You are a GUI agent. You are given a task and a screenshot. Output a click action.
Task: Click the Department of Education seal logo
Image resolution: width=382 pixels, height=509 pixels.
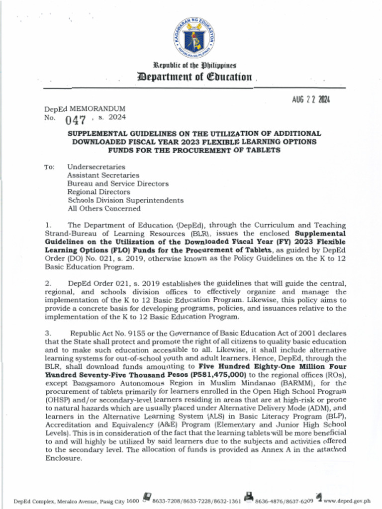click(194, 38)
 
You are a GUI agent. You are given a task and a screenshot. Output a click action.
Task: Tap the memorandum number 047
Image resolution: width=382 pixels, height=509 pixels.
click(77, 119)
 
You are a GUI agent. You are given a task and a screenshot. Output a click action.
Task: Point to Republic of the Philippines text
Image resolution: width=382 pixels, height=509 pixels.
click(194, 65)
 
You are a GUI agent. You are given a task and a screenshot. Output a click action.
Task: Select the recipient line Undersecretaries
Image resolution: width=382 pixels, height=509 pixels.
click(96, 167)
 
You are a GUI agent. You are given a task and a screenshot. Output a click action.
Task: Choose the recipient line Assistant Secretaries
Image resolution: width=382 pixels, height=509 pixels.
click(103, 175)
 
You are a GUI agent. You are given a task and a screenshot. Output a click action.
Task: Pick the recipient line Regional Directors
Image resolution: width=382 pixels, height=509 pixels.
click(98, 192)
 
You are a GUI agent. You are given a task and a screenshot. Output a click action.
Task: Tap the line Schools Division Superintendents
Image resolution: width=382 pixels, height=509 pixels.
click(125, 200)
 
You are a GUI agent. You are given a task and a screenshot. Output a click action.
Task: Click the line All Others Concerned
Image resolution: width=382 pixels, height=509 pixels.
click(104, 209)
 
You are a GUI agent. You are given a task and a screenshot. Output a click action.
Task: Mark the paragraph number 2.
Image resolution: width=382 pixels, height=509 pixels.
click(48, 283)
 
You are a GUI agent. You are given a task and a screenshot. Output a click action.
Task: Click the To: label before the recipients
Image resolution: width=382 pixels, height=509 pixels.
click(49, 167)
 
